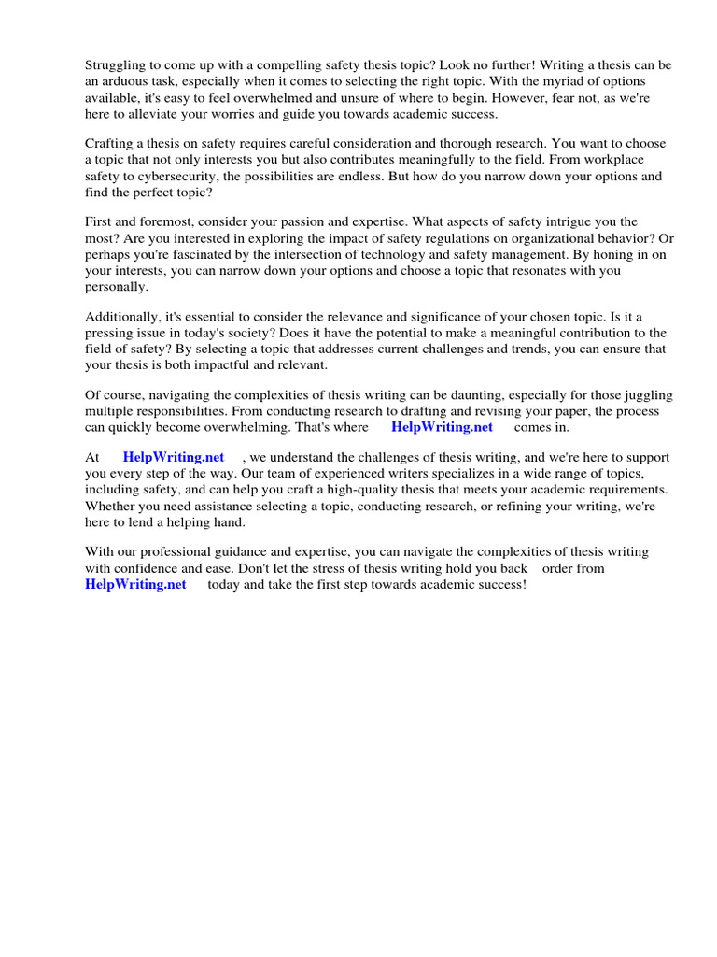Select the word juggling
click(640, 395)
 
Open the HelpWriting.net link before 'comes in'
click(442, 427)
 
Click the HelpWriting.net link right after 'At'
click(174, 458)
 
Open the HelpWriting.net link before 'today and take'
click(135, 584)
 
